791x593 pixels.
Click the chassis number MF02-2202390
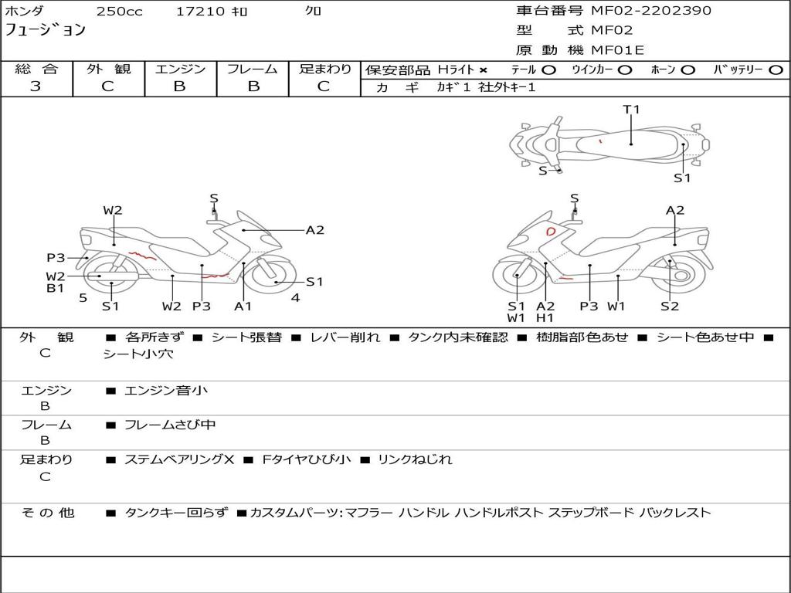tap(651, 11)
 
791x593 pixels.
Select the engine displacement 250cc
tap(120, 11)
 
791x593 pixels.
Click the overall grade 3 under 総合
tap(36, 86)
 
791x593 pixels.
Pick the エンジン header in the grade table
tap(180, 69)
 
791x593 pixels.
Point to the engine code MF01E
tap(618, 50)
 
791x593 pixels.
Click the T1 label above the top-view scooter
tap(631, 109)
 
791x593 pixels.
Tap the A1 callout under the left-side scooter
tap(243, 306)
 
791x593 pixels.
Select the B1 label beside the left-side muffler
tap(55, 288)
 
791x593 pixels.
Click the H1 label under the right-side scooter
tap(545, 317)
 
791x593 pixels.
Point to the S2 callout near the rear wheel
tap(670, 306)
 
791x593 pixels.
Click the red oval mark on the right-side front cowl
tap(550, 232)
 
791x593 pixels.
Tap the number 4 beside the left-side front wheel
tap(296, 297)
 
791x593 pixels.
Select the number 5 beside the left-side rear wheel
tap(83, 297)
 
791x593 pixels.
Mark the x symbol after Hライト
tap(484, 70)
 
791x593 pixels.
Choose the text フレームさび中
tap(170, 425)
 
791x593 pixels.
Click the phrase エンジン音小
tap(166, 390)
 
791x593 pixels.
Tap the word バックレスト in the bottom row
tap(675, 513)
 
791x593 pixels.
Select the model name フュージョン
tap(46, 30)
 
